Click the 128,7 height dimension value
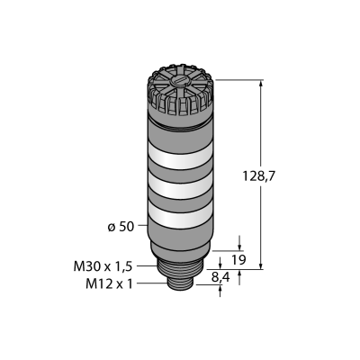[258, 176]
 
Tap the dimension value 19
[239, 260]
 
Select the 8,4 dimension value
[220, 278]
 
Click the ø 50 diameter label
[121, 227]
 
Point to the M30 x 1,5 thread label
[103, 266]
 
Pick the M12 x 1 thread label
[109, 284]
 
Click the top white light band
[180, 156]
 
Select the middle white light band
[180, 186]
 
